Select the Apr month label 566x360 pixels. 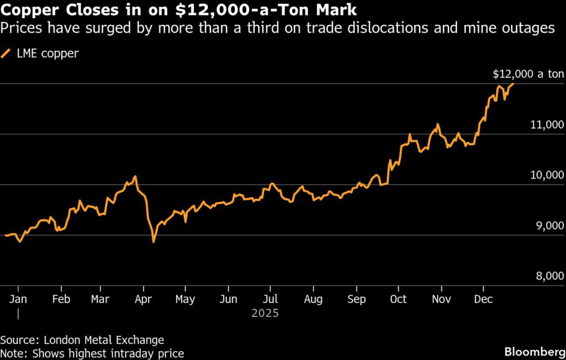point(143,299)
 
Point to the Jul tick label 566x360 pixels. point(270,299)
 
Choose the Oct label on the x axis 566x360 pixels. point(398,299)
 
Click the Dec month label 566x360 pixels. point(484,299)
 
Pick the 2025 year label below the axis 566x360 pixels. point(265,313)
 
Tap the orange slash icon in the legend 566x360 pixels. point(7,54)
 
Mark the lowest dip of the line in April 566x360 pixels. point(154,242)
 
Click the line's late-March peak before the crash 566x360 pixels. point(135,177)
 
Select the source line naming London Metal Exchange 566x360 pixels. point(82,340)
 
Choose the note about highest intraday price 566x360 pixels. point(92,353)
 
